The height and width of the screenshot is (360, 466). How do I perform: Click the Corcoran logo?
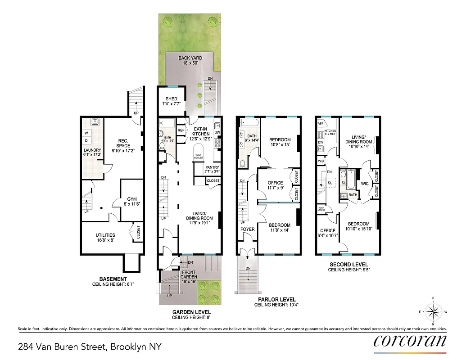coord(410,341)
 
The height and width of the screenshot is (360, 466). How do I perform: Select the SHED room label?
coord(172,99)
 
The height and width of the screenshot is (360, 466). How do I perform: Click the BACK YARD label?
coord(190,58)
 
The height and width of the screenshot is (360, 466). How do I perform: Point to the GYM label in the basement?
coord(132,198)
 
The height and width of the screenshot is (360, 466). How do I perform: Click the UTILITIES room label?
coord(105,235)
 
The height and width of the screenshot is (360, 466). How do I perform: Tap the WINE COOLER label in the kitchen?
coord(199,157)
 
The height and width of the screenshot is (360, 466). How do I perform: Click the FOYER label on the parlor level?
coord(247,229)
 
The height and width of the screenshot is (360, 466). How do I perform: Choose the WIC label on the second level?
coord(365,184)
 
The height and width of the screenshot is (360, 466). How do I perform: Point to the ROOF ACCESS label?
coord(321,209)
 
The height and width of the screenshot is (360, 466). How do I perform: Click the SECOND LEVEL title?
coord(348,265)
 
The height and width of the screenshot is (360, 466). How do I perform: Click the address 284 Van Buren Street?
coord(89,346)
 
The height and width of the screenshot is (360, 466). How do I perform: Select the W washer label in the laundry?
coord(86,132)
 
